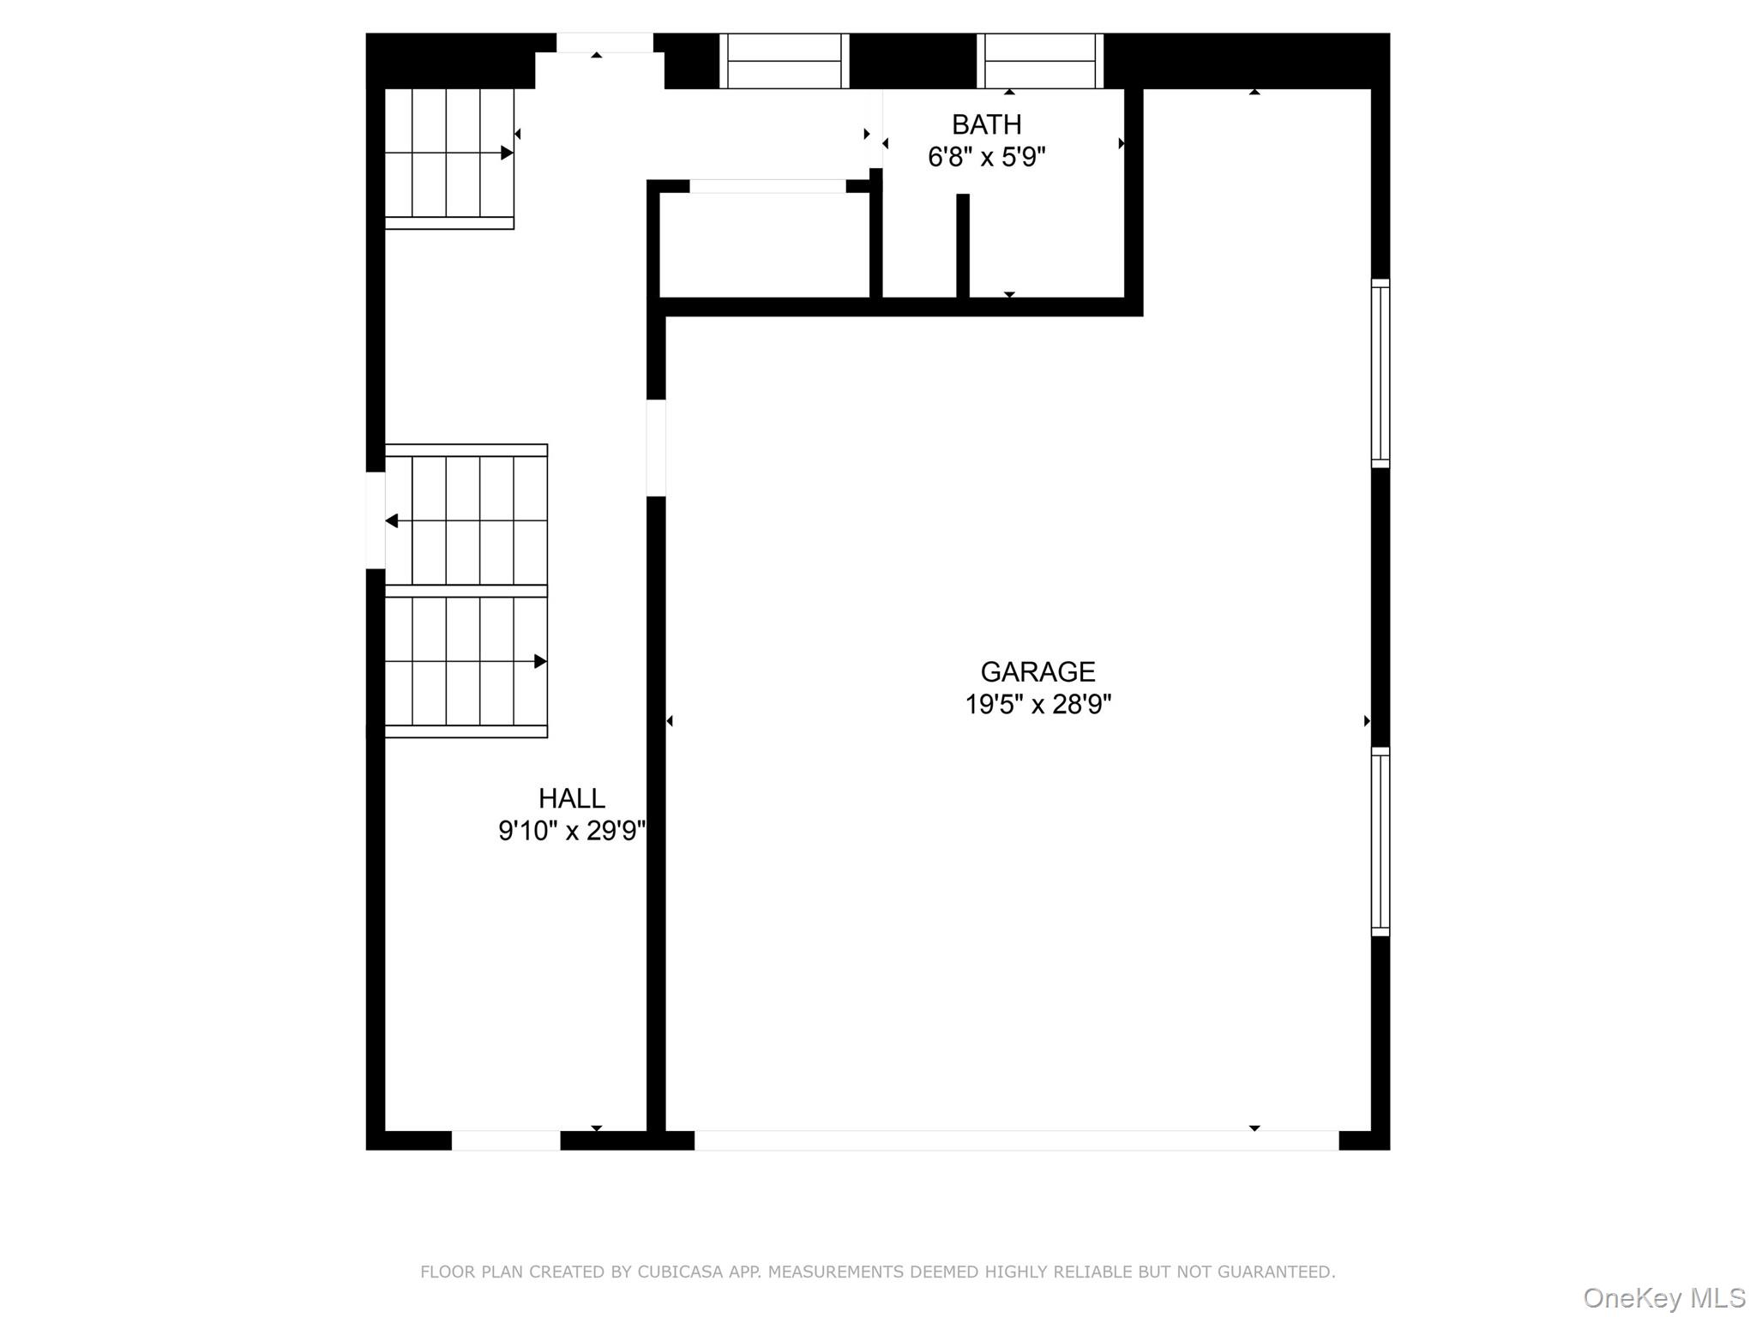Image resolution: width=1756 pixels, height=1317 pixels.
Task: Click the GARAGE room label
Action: (1037, 671)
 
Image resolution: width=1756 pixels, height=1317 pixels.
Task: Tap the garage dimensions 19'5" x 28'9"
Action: (1037, 705)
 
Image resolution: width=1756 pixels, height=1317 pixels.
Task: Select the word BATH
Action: (986, 125)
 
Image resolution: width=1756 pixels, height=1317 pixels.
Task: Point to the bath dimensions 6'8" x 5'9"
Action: (986, 158)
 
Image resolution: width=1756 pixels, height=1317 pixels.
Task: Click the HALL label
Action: (571, 798)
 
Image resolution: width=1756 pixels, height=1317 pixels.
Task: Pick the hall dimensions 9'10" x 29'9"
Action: (571, 831)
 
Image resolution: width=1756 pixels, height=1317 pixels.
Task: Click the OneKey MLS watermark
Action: (1663, 1297)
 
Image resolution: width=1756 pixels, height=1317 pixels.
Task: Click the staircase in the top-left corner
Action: (448, 154)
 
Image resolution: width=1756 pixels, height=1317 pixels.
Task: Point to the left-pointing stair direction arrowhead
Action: (392, 520)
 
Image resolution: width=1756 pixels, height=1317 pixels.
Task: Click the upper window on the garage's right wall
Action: (1380, 373)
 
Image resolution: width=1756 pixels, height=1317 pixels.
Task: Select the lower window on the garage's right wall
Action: (1380, 841)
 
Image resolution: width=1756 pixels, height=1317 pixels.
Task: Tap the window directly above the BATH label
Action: (1039, 61)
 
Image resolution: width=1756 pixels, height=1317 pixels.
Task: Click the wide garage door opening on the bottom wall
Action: (1016, 1140)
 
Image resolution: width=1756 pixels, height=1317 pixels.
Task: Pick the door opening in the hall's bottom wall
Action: (506, 1140)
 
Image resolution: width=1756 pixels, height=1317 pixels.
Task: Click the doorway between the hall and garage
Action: (656, 448)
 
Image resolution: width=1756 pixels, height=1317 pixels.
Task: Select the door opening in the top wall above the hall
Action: (604, 43)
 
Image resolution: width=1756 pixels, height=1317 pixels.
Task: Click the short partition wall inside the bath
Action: (963, 245)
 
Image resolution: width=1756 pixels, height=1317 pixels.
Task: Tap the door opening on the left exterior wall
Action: (375, 520)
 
